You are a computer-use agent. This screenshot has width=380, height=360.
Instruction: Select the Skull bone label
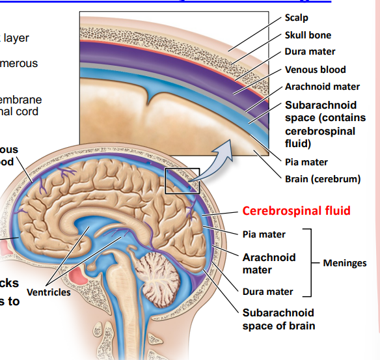(x=308, y=35)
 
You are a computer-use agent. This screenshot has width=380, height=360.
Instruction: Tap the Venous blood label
(x=315, y=70)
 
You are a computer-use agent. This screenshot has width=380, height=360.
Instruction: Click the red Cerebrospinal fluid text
(x=296, y=210)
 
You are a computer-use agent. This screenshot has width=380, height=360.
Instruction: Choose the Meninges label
(x=345, y=263)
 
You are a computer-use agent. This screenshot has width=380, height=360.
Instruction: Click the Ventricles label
(x=49, y=292)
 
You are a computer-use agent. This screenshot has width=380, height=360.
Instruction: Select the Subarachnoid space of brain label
(x=278, y=319)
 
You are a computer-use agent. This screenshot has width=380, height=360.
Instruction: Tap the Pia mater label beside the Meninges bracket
(x=264, y=234)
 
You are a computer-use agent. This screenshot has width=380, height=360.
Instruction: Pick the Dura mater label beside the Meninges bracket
(x=267, y=292)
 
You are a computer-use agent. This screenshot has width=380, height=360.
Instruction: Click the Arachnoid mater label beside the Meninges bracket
(x=269, y=263)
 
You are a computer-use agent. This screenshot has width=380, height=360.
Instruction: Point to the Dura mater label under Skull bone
(x=310, y=52)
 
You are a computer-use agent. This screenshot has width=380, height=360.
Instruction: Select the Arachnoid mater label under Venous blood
(x=322, y=87)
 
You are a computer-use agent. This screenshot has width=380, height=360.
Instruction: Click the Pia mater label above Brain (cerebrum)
(x=306, y=162)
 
